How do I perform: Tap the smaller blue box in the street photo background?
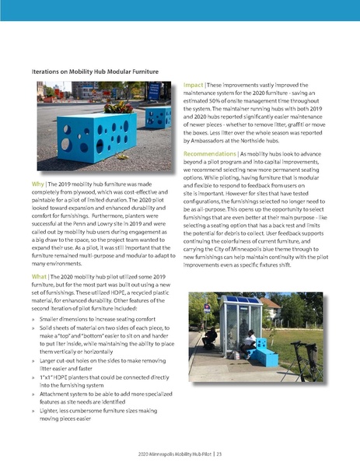tap(158, 117)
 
